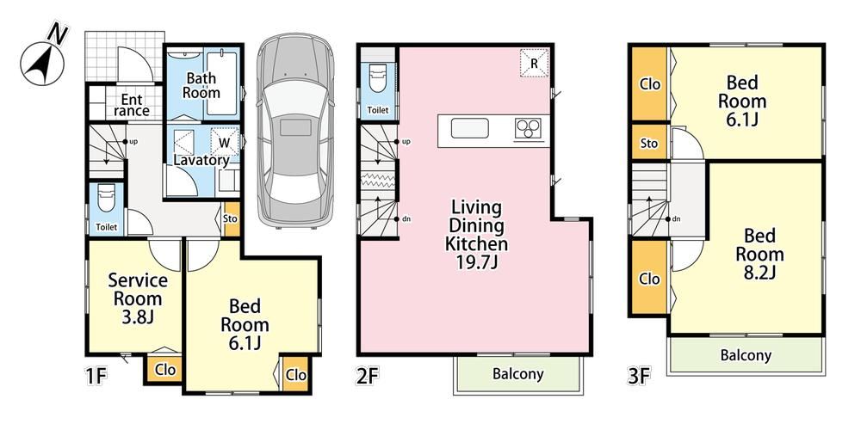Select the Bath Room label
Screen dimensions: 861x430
pos(201,85)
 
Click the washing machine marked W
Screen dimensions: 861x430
pos(225,142)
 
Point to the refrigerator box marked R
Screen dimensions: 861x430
pos(534,63)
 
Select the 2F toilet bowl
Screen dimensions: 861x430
pos(378,78)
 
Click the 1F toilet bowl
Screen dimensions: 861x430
pos(106,200)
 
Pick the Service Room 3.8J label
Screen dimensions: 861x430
pos(138,298)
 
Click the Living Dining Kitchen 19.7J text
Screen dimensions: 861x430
pos(476,235)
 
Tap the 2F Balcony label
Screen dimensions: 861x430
pos(517,374)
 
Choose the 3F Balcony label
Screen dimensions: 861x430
pos(746,355)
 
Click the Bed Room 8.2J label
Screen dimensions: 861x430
pos(760,254)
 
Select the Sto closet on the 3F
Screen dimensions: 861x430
pos(649,144)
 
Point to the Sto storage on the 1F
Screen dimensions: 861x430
pos(231,218)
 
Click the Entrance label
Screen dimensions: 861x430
pos(132,105)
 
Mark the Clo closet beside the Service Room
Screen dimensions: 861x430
pos(164,370)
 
